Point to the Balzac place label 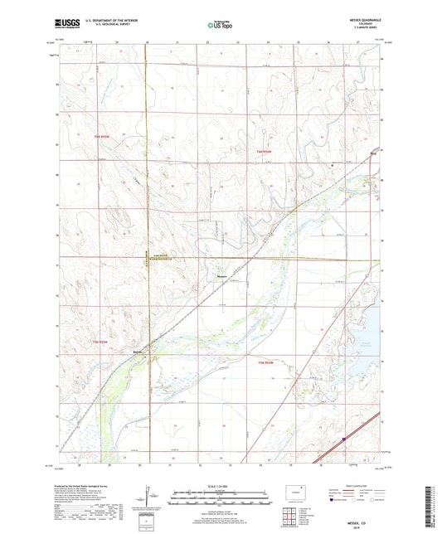[138, 352]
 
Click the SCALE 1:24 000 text [221, 488]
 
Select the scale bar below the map [221, 499]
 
